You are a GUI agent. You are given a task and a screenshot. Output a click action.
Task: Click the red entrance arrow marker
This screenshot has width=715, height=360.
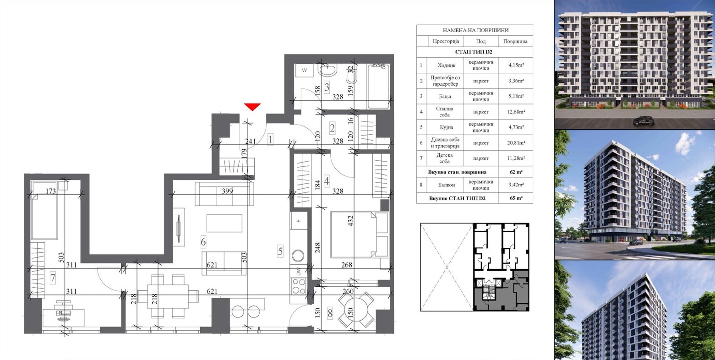(x=252, y=107)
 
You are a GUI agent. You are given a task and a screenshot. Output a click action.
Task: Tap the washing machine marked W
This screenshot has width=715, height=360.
(x=305, y=71)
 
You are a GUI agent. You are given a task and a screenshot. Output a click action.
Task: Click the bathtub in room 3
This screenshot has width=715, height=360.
(x=378, y=87)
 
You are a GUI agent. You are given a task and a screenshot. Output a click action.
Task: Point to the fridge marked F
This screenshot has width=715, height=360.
(x=299, y=220)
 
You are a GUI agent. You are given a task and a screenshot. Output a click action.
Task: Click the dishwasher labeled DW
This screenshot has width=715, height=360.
(x=299, y=272)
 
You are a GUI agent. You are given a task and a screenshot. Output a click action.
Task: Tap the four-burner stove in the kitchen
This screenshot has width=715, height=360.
(x=299, y=286)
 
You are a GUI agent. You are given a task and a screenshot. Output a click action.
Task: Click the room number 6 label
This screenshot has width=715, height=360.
(x=203, y=242)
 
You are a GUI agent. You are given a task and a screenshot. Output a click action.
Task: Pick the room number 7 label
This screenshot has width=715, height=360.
(x=53, y=278)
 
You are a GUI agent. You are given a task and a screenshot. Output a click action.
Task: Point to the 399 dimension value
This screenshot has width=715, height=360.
(x=227, y=191)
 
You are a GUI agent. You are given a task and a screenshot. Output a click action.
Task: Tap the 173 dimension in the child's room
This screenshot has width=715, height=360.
(x=51, y=191)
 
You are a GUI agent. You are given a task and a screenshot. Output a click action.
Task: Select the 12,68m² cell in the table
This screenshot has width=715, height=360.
(x=516, y=112)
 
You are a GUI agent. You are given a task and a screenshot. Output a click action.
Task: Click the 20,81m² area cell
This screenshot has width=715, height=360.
(x=516, y=143)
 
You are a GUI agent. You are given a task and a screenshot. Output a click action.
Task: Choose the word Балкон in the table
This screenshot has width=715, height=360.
(x=446, y=185)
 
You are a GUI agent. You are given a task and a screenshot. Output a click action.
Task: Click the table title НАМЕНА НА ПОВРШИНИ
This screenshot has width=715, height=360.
(x=475, y=30)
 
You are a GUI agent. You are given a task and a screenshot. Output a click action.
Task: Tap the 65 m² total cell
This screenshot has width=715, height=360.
(x=516, y=198)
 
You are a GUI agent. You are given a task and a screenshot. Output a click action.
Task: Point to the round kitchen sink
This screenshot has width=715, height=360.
(x=299, y=255)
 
